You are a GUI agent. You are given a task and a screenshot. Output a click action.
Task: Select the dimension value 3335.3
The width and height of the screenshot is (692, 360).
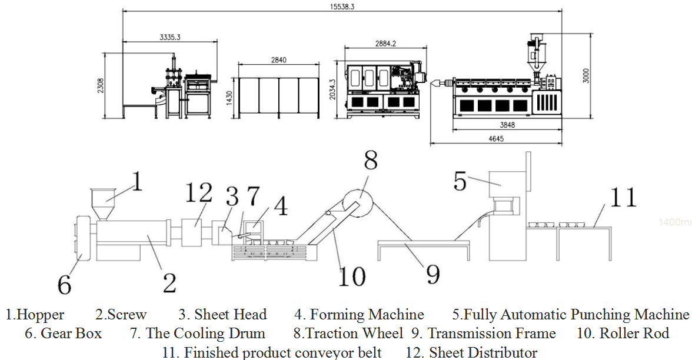(169, 37)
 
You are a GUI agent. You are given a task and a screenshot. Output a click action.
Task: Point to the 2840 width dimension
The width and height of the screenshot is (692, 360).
(279, 60)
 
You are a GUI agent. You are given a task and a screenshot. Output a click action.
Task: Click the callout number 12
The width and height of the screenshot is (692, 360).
(198, 192)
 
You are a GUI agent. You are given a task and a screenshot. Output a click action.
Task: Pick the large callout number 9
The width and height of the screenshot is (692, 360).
(432, 274)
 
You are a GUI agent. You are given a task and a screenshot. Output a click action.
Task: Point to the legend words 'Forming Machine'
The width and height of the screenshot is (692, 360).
(367, 315)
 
